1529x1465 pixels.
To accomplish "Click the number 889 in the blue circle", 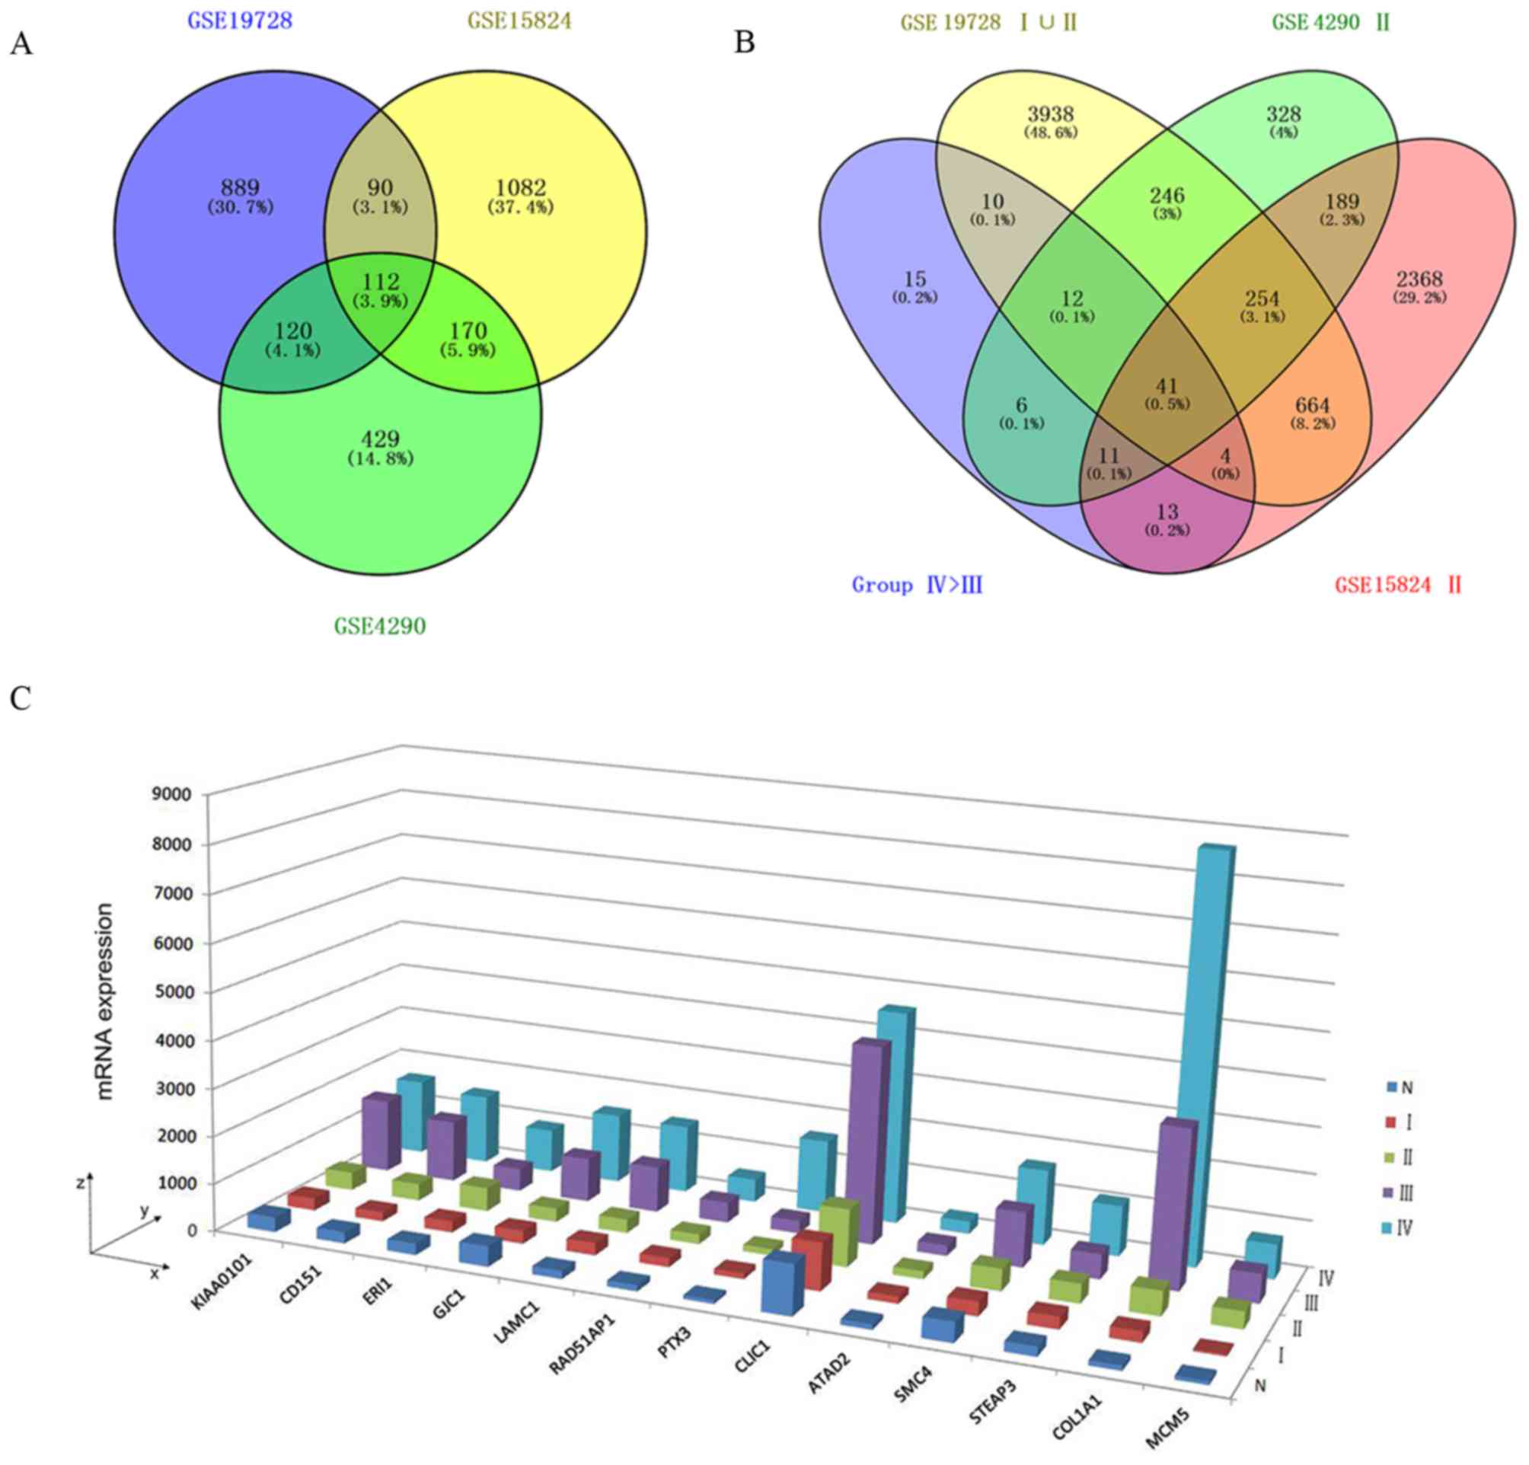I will tap(240, 188).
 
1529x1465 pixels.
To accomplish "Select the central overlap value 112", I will tap(380, 282).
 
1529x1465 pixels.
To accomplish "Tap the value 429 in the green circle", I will tap(380, 439).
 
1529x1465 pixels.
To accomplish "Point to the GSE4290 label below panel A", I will tap(380, 626).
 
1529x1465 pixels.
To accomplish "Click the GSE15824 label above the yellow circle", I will tap(520, 21).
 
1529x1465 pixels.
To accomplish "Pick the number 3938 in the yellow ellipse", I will tap(1050, 114).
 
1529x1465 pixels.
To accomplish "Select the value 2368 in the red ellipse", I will tap(1419, 279).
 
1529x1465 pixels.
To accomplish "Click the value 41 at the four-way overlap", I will tap(1167, 386).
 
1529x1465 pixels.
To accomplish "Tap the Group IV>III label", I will tap(917, 585).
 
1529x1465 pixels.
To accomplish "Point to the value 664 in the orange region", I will tap(1312, 406).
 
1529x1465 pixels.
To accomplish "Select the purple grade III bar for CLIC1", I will tap(866, 1139).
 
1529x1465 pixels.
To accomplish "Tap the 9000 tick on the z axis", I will tap(174, 795).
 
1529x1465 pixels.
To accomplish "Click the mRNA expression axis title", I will tap(105, 1002).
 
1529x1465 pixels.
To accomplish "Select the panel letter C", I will tap(21, 698).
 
